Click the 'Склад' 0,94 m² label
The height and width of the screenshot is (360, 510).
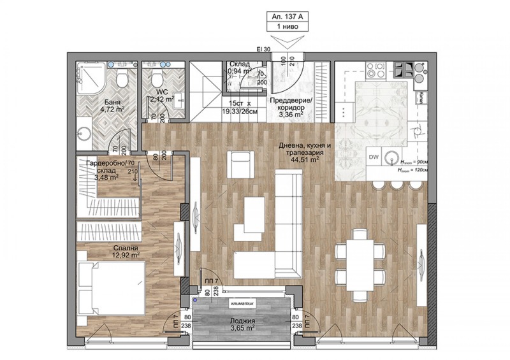click(239, 65)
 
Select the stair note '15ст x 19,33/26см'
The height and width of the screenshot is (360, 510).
click(239, 106)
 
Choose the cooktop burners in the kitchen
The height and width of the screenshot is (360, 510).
click(403, 68)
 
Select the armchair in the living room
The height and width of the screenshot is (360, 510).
click(242, 165)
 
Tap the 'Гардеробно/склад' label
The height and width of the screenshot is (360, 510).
click(106, 168)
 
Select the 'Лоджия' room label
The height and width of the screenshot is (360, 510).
click(242, 321)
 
